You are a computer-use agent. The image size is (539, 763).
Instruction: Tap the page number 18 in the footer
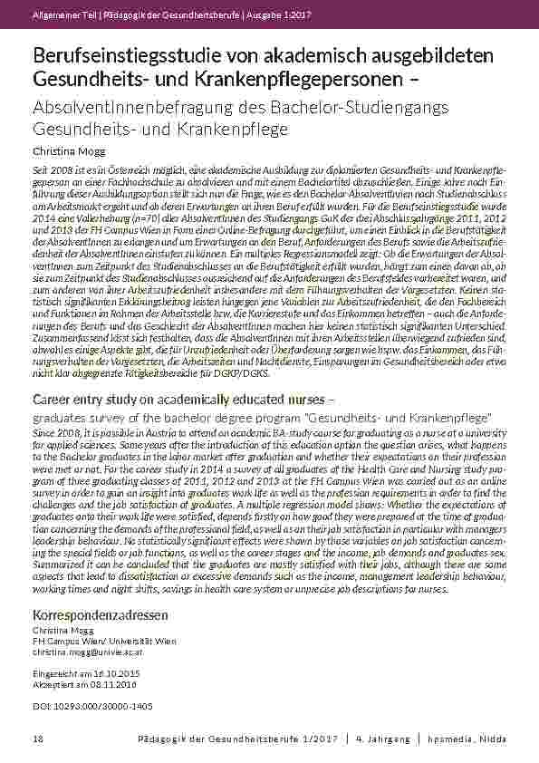click(37, 739)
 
